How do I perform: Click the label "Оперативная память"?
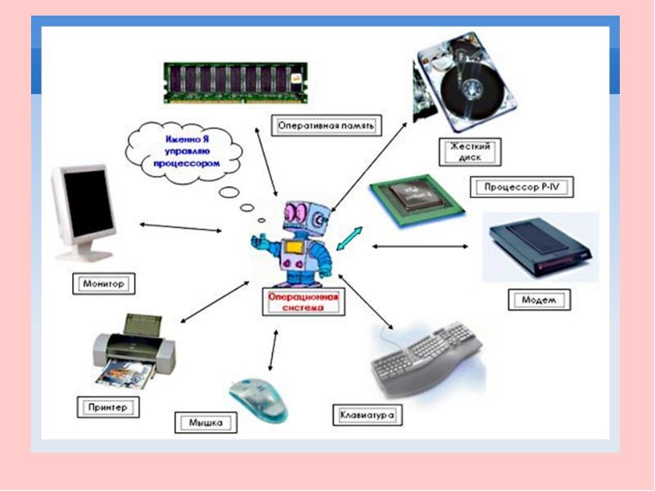coord(326,125)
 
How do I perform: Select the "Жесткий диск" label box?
coord(470,152)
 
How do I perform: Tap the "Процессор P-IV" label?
coord(522,187)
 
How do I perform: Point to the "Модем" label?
coord(540,300)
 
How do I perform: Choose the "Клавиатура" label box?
coord(367,415)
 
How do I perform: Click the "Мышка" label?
coord(206,422)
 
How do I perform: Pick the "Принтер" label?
coord(108,407)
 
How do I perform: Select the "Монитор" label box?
coord(104,284)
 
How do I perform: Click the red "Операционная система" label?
coord(303,302)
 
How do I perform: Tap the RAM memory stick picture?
coord(236,83)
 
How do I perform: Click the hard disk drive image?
coord(465,83)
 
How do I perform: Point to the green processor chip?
coord(417,200)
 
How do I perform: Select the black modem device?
coord(540,247)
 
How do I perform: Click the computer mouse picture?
coord(259,399)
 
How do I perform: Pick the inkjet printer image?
coord(133,352)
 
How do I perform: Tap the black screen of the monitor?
coord(88,203)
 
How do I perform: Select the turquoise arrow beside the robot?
coord(350,239)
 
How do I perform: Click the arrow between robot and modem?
coord(420,246)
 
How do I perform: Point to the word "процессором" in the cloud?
coord(187,163)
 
